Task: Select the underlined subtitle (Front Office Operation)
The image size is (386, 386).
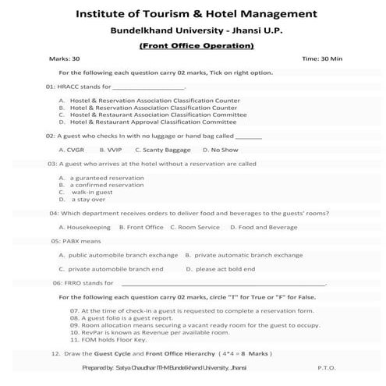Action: (197, 46)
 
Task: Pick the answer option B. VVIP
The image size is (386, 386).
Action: (110, 149)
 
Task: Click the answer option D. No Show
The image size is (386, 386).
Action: (220, 149)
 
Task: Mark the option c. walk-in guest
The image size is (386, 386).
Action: (81, 192)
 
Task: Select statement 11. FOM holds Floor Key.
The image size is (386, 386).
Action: (108, 339)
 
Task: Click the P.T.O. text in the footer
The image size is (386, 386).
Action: (327, 367)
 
